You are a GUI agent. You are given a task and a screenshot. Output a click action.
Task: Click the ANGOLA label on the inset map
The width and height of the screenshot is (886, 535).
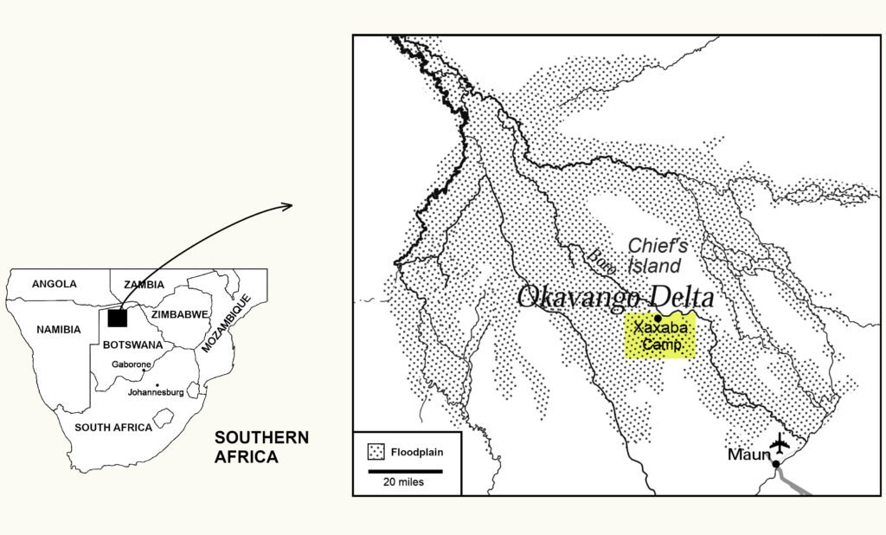pyautogui.click(x=54, y=284)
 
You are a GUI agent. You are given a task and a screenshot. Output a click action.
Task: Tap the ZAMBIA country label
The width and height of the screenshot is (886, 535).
pyautogui.click(x=143, y=284)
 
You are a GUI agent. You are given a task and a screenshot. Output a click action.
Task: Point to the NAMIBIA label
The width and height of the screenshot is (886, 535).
pyautogui.click(x=59, y=330)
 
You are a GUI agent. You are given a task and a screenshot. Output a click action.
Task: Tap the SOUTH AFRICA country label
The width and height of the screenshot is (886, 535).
pyautogui.click(x=113, y=428)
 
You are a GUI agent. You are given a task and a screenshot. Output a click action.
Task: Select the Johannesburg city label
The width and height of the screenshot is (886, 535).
pyautogui.click(x=157, y=392)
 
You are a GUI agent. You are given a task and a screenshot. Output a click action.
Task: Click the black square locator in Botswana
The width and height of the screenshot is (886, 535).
pyautogui.click(x=118, y=318)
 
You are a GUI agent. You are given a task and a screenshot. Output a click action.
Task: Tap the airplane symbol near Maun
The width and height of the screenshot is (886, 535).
pyautogui.click(x=780, y=443)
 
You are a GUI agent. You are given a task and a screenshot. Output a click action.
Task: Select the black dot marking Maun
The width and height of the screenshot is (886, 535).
pyautogui.click(x=776, y=464)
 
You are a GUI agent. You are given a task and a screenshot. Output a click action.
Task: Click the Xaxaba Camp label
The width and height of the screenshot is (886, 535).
pyautogui.click(x=660, y=338)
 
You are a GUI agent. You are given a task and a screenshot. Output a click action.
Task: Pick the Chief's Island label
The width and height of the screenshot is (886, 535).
pyautogui.click(x=655, y=255)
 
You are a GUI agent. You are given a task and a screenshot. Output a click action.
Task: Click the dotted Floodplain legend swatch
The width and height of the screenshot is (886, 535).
pyautogui.click(x=376, y=452)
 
